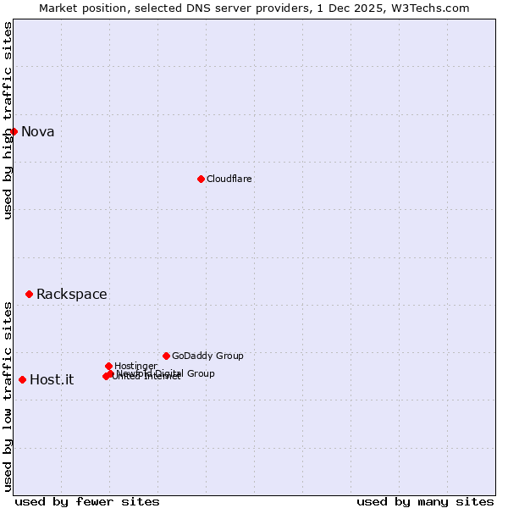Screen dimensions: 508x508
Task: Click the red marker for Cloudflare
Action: pos(201,179)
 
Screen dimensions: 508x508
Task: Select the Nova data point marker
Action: pos(14,131)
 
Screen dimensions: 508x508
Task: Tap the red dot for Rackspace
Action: pos(29,294)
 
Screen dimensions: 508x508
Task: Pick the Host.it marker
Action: pos(22,379)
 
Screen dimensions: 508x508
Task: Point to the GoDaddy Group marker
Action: pos(166,356)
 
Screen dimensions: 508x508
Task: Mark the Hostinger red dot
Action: pos(108,366)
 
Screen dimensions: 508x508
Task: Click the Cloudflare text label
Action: pos(229,179)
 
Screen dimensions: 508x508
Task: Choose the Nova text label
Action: pos(37,131)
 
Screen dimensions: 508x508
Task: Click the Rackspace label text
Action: pos(72,294)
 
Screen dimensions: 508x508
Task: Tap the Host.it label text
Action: pos(52,379)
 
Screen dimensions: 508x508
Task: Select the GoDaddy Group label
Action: pos(207,356)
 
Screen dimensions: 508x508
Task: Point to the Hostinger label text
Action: pos(135,366)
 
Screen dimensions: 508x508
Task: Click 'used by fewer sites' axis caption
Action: pos(87,501)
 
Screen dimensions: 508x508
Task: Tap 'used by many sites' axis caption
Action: pos(425,501)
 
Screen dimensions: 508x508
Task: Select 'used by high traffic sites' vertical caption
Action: pos(8,120)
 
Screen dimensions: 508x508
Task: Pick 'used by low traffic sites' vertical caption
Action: pos(8,395)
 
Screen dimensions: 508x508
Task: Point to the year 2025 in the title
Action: pos(373,8)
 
